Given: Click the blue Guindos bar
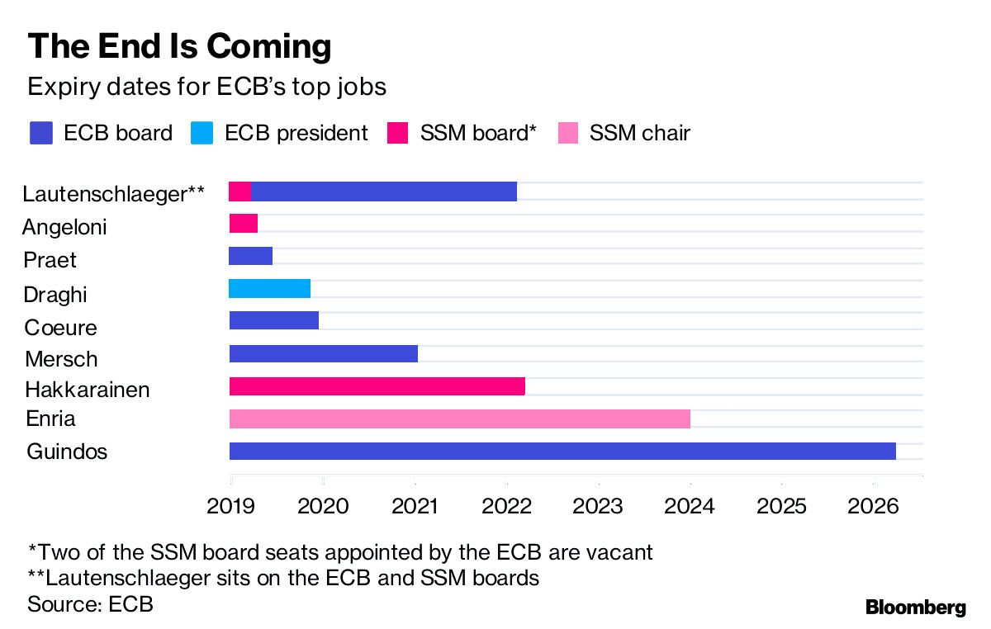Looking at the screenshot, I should tap(562, 451).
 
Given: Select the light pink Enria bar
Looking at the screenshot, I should tap(459, 419).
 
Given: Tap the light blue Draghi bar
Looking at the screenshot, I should tap(269, 288).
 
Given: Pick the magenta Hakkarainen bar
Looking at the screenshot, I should tap(377, 386).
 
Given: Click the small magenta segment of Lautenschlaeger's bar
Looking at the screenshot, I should tap(239, 192).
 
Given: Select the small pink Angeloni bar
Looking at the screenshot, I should tap(243, 223).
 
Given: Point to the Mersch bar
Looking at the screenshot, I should tap(323, 354).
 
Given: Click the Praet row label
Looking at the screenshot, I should tap(50, 260).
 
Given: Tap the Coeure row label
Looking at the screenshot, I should tap(60, 328).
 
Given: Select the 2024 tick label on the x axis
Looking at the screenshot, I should tap(690, 506).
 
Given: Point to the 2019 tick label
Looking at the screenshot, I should tap(230, 506).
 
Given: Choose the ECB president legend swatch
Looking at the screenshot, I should tap(202, 133).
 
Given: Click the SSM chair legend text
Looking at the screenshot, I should tap(639, 133).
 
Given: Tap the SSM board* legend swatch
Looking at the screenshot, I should tap(398, 133).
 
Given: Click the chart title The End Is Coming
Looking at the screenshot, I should tap(180, 46).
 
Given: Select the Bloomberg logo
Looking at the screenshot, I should tap(915, 608).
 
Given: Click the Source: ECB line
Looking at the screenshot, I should tap(91, 603).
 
